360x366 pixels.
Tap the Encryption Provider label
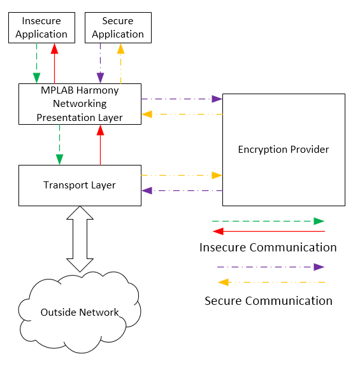tap(284, 150)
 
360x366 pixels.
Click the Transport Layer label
tap(80, 185)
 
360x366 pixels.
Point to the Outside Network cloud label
tap(80, 313)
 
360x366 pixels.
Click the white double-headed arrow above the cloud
tap(80, 239)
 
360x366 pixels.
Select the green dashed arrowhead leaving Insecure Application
tap(37, 78)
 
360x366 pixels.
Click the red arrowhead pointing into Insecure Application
tap(54, 48)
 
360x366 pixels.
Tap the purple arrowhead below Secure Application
tap(100, 78)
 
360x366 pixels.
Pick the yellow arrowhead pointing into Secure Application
tap(120, 48)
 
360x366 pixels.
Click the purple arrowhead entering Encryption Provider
tap(217, 99)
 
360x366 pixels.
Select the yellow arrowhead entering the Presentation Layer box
tap(147, 114)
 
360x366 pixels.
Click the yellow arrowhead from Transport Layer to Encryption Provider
tap(217, 175)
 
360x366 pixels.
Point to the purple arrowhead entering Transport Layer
tap(147, 191)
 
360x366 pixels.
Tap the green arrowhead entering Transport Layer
tap(59, 159)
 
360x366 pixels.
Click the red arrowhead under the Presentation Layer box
tap(100, 130)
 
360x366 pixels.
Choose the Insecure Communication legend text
tap(268, 248)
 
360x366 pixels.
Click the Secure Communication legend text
tap(268, 300)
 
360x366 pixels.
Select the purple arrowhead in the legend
tap(319, 267)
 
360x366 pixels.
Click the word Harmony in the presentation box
tap(97, 90)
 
